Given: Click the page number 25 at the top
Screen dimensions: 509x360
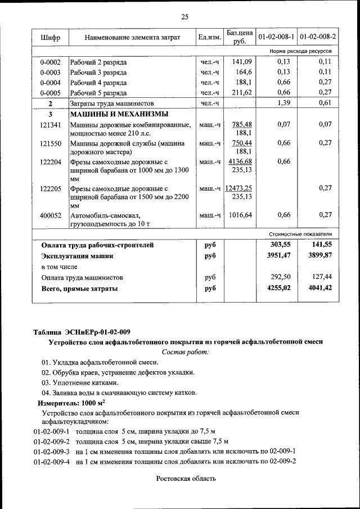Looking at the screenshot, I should [184, 16].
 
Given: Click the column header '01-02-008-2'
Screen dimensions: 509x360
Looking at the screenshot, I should [318, 37].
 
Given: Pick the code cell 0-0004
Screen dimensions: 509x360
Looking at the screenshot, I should [50, 82].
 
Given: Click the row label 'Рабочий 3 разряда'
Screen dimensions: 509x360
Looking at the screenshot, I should [98, 72].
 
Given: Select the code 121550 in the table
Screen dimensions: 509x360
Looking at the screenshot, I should [50, 143].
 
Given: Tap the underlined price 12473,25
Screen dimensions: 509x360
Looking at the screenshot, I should [238, 188].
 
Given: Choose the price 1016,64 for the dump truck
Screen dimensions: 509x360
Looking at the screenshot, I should [241, 215].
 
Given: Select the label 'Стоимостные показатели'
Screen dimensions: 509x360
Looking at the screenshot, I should [302, 233].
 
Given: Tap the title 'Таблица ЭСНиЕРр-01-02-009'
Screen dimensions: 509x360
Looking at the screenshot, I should [82, 331].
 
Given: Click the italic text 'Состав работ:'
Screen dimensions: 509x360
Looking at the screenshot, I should [185, 352].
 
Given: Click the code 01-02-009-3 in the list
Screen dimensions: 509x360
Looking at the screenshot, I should [51, 451].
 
